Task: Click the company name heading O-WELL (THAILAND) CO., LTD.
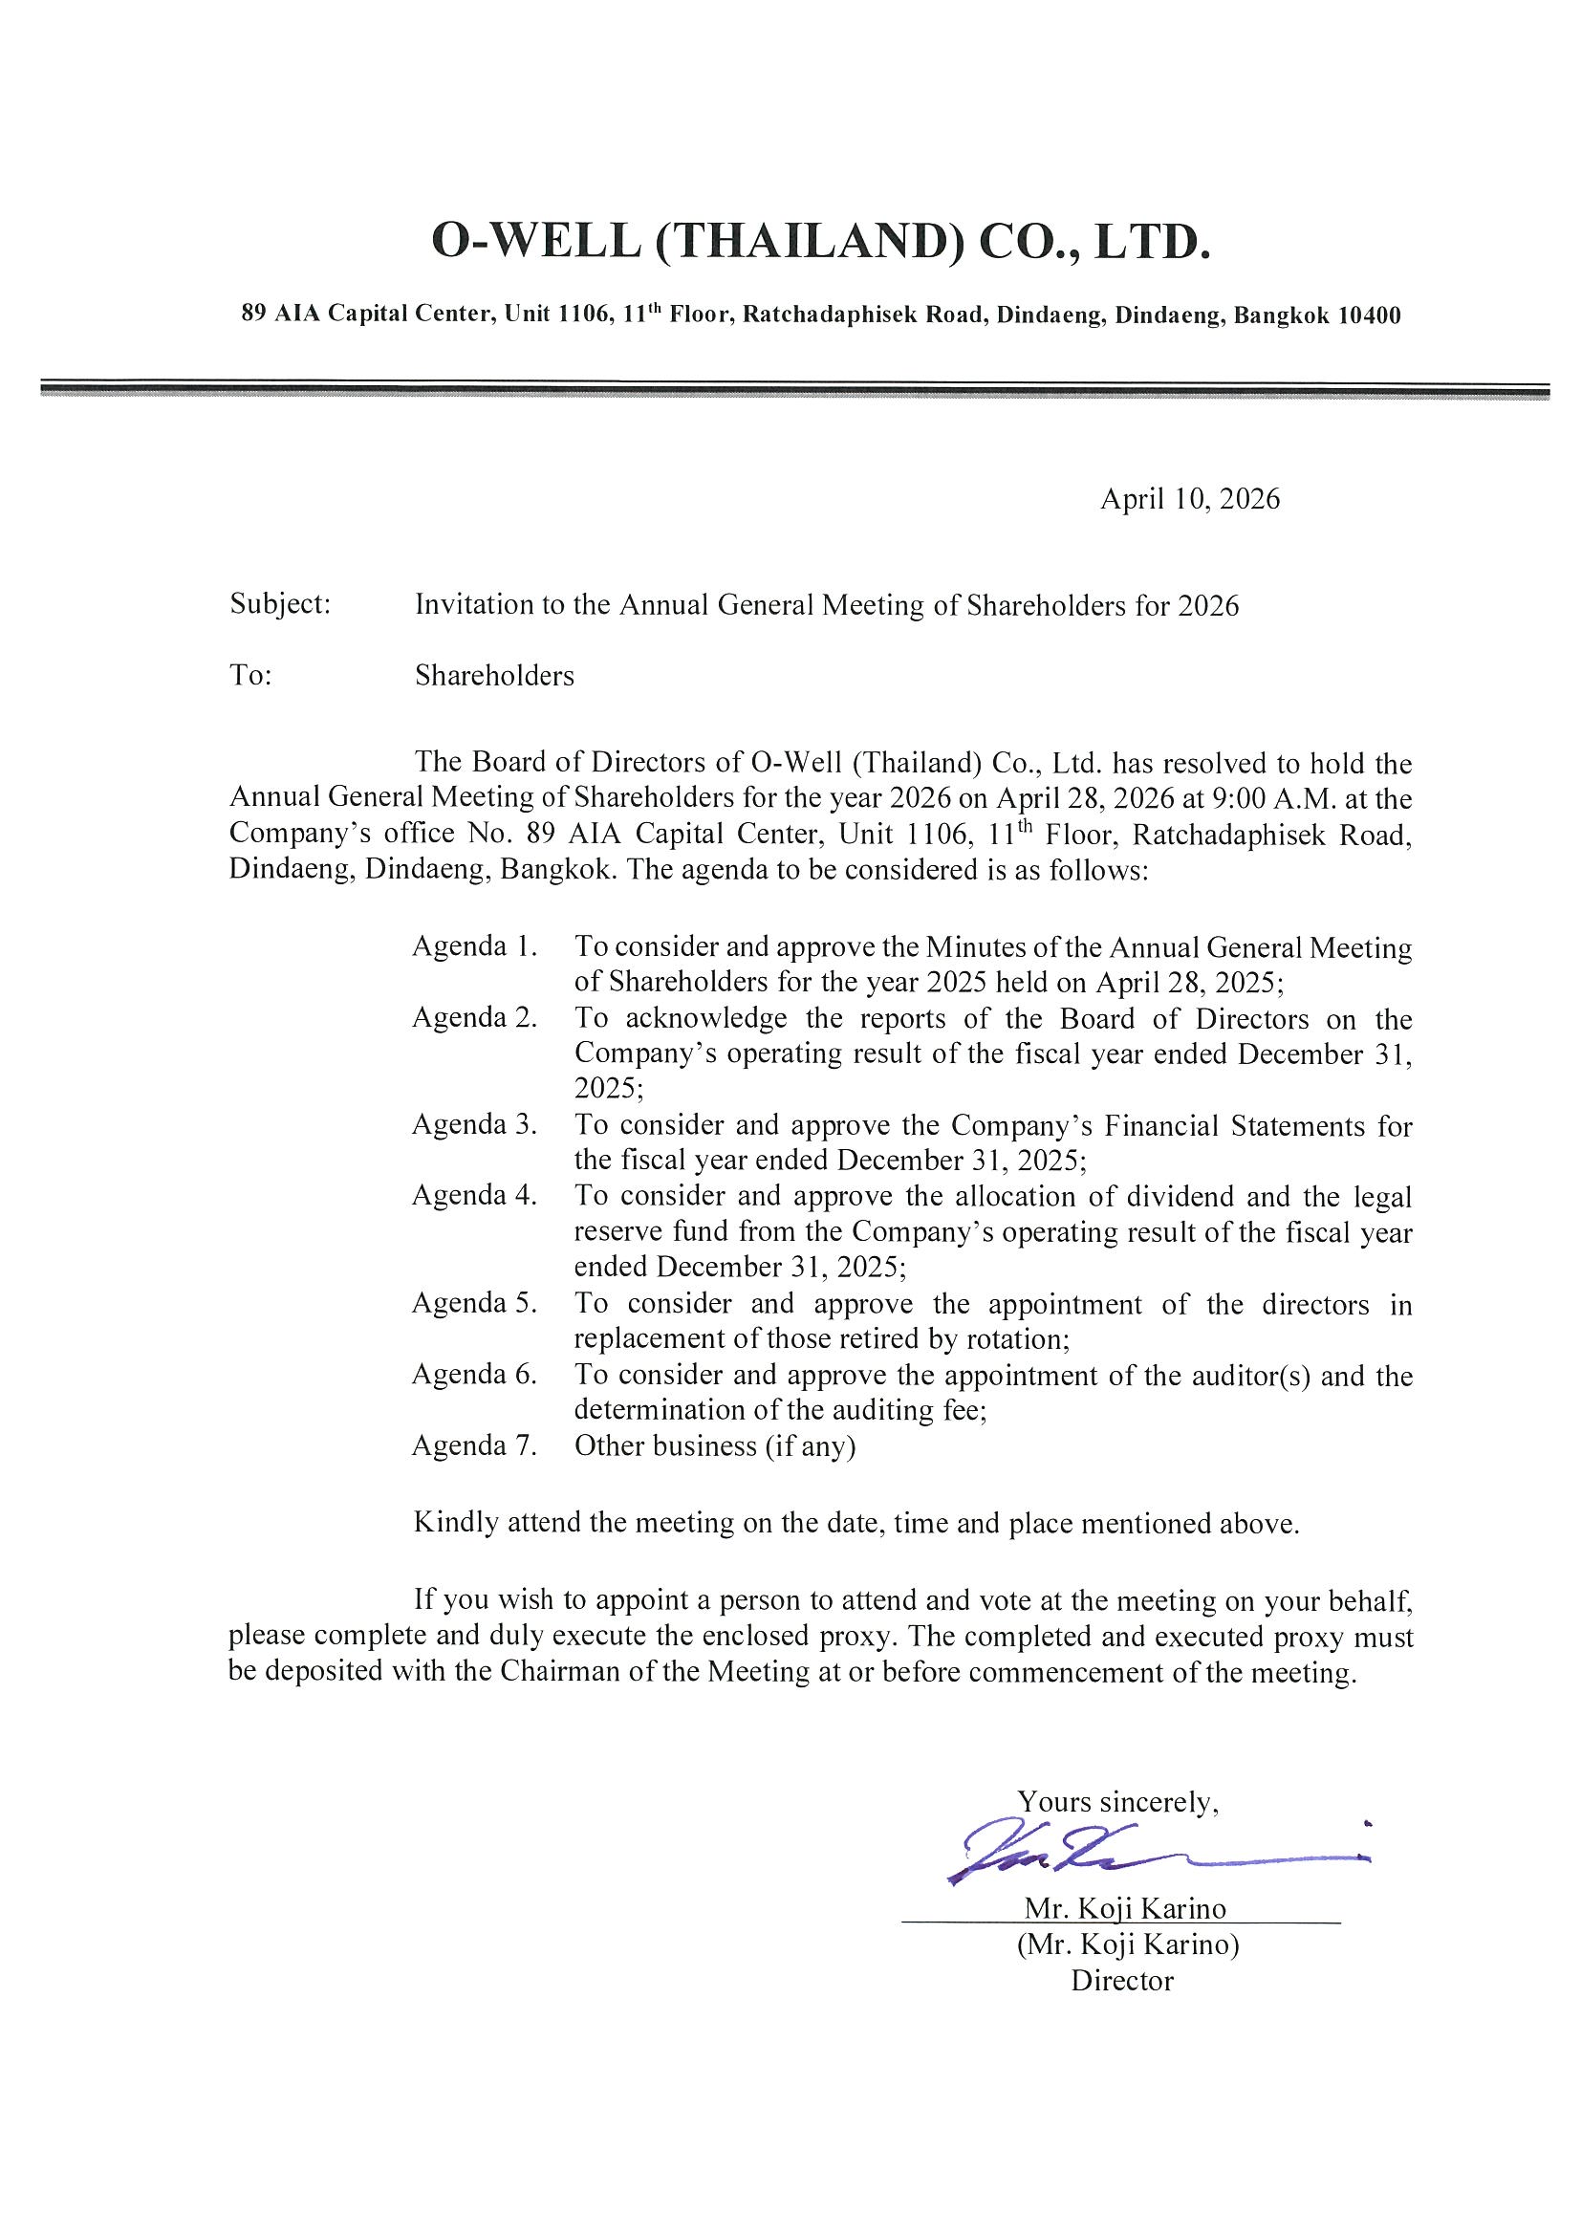[x=820, y=242]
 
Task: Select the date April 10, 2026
[x=1189, y=499]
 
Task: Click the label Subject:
[x=281, y=604]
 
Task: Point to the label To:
[x=250, y=675]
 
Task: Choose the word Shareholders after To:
[x=494, y=675]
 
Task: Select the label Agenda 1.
[x=474, y=946]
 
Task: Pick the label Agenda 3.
[x=474, y=1124]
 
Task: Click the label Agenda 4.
[x=474, y=1196]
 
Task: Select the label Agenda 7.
[x=474, y=1444]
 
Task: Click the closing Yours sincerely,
[x=1117, y=1801]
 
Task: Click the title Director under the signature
[x=1122, y=1981]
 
